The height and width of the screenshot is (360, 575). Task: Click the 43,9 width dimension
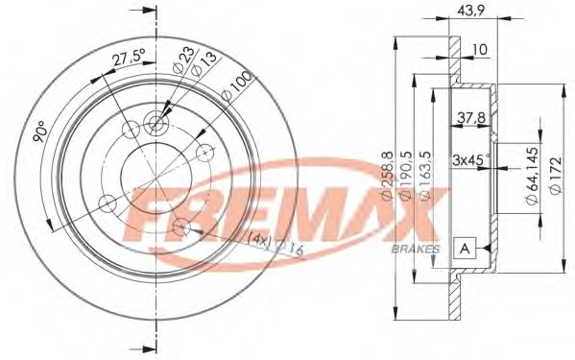pos(471,11)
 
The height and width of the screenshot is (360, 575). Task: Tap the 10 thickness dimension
pos(480,50)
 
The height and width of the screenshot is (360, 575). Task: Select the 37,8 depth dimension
pos(471,118)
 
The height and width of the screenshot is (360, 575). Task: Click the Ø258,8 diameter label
pos(388,176)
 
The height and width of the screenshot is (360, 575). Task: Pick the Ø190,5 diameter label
pos(406,176)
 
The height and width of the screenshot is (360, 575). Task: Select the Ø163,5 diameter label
pos(424,176)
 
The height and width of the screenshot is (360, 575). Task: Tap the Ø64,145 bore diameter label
pos(532,176)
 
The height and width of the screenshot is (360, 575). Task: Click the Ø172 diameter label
pos(556,176)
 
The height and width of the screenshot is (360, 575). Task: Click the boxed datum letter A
pos(465,249)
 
